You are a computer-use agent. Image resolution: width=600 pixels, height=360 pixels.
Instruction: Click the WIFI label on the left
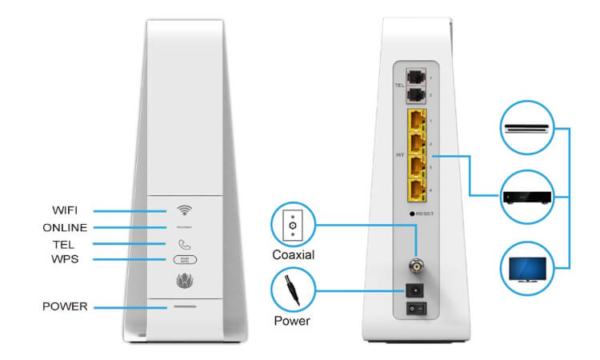66,211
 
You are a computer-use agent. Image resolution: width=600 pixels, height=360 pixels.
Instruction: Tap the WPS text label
66,259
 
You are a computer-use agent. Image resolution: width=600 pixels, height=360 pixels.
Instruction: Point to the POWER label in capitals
66,306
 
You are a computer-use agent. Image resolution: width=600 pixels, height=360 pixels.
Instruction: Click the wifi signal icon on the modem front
185,210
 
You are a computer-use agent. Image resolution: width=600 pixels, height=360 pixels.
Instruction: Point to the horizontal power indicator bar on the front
185,306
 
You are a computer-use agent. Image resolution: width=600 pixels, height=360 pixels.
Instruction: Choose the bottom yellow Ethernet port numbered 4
416,191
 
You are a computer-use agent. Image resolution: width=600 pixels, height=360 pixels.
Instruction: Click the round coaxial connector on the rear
416,263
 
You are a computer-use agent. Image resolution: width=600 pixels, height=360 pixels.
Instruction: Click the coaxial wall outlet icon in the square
292,226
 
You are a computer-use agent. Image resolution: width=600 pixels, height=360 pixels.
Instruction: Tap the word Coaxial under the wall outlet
294,255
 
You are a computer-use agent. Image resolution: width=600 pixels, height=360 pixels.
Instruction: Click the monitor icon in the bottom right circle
526,269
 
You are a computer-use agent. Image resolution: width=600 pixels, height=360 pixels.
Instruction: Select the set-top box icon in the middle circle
526,197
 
